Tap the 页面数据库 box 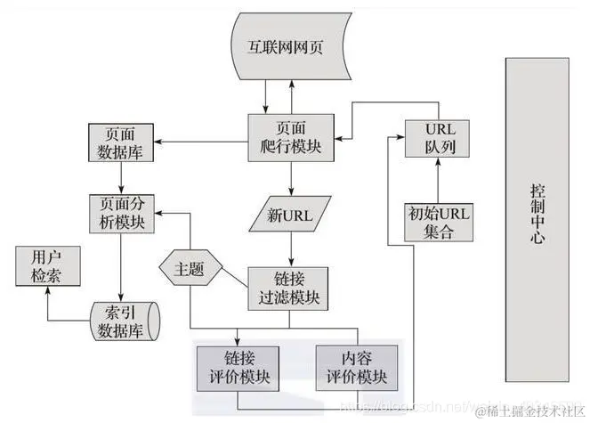[122, 142]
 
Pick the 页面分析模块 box [122, 213]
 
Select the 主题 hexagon [190, 267]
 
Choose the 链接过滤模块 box [287, 286]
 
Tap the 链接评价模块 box [238, 368]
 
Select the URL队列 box [435, 138]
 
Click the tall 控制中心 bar [536, 215]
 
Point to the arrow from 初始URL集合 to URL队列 [435, 180]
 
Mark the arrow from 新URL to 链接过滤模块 [287, 248]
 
